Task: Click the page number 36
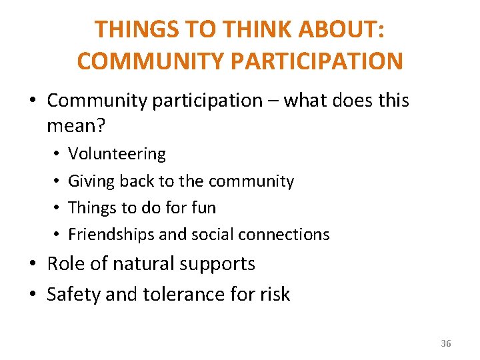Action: [446, 343]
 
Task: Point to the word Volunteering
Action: [117, 154]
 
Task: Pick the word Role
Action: [65, 264]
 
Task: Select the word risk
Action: [274, 295]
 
